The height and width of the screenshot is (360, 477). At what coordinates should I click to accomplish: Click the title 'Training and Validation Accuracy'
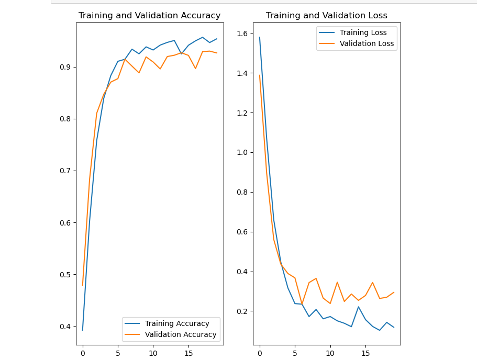tap(149, 16)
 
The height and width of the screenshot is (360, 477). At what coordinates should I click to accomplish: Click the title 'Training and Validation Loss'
tap(327, 16)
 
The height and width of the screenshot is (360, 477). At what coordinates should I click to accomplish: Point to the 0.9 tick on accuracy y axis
tap(66, 67)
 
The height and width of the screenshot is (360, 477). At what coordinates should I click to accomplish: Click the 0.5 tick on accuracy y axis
tap(66, 275)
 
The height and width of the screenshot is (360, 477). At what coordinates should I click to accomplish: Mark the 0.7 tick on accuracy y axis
tap(66, 171)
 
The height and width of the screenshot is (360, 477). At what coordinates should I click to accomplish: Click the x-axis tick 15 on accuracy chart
tap(188, 353)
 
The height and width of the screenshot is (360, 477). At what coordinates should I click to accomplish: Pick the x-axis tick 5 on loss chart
tap(295, 353)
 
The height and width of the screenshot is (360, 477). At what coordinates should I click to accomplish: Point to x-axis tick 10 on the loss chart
tap(330, 353)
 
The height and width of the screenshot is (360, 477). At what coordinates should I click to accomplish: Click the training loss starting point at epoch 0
tap(260, 37)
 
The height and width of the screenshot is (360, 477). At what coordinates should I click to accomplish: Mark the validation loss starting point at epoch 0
tap(260, 75)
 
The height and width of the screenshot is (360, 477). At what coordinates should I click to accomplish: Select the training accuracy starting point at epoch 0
tap(83, 330)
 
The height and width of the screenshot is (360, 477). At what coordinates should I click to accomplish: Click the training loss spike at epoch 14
tap(359, 307)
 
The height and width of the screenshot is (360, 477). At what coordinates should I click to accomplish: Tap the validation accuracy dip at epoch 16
tap(195, 69)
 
